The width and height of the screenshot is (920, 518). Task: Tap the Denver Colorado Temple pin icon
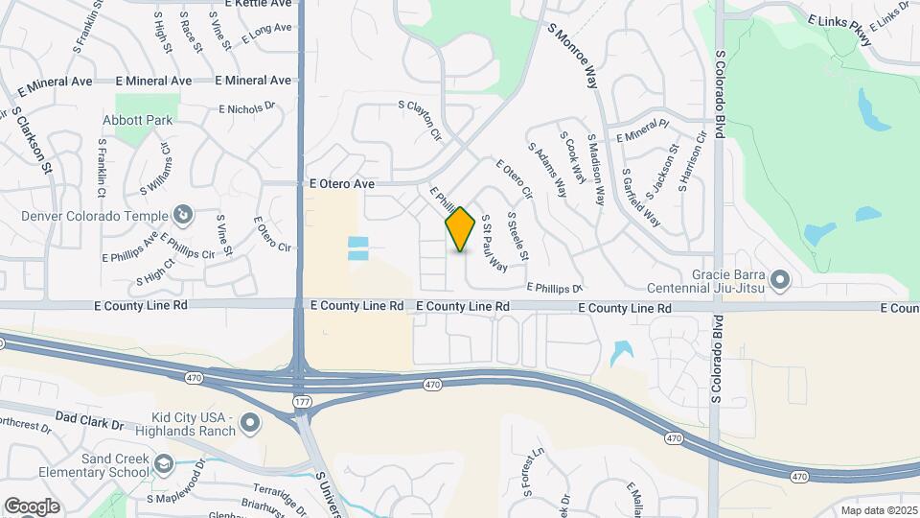click(x=185, y=214)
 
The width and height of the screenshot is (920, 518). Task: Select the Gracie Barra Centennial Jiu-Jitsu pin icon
click(x=780, y=279)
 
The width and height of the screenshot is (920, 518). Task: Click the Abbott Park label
click(x=138, y=120)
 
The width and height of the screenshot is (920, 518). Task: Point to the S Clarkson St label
click(x=30, y=138)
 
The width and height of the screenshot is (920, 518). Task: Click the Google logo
click(x=31, y=506)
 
